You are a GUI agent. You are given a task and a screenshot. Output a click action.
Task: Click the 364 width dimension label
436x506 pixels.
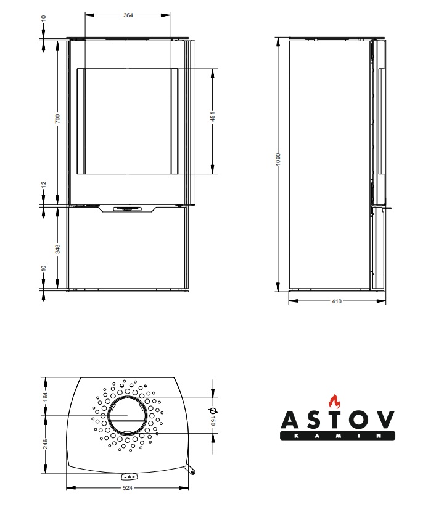128,15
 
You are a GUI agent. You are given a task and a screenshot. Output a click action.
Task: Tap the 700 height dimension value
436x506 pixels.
57,119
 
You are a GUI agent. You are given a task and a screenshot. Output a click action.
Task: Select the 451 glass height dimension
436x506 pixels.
213,117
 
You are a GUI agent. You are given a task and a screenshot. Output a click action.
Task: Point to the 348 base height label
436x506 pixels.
57,249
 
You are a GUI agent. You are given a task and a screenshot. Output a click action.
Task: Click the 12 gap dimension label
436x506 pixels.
44,184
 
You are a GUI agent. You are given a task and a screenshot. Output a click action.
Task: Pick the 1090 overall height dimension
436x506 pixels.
278,159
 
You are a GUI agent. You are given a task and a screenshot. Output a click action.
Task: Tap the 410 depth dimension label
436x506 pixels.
337,301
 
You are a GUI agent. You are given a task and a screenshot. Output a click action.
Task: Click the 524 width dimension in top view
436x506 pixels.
128,488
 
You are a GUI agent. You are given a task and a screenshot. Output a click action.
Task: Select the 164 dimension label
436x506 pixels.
46,396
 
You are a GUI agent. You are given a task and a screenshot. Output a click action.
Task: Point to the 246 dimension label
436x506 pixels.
46,444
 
